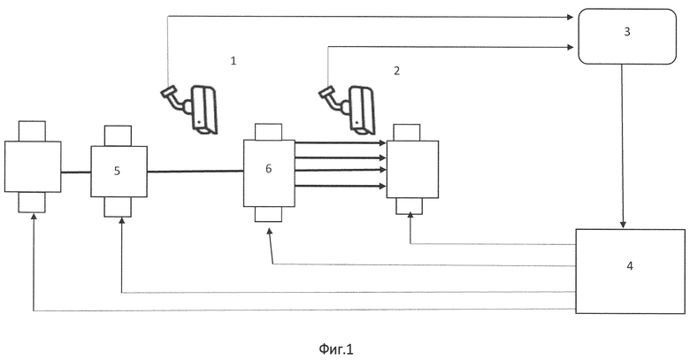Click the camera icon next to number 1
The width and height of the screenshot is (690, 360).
click(190, 108)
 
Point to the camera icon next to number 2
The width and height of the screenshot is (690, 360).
click(348, 109)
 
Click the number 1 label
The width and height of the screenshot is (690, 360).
click(234, 61)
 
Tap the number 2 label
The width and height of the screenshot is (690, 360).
click(396, 71)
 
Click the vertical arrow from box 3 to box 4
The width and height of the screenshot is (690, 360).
click(622, 146)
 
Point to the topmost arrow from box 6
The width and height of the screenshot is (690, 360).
click(341, 143)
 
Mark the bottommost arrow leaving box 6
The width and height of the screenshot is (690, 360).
click(341, 187)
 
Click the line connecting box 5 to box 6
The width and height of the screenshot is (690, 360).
click(195, 172)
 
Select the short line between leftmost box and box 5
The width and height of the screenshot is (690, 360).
click(76, 172)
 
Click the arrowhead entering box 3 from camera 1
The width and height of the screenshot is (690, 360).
click(571, 17)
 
